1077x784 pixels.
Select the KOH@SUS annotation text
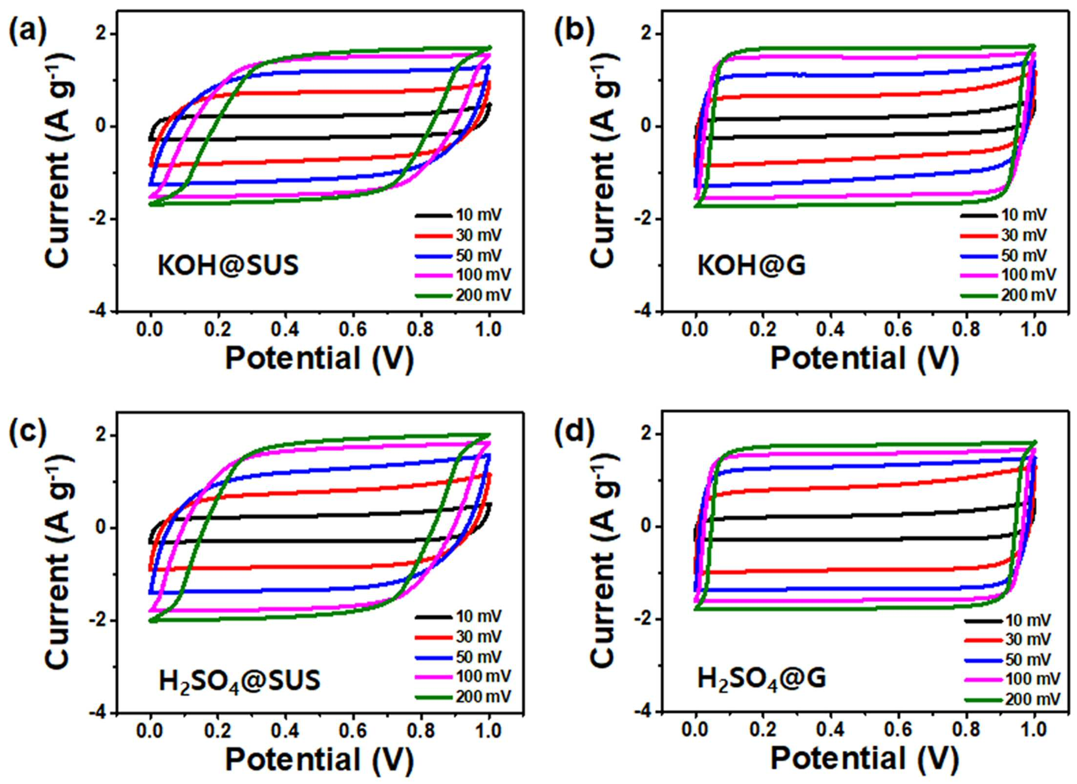[x=228, y=266]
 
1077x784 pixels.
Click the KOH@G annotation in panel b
[x=751, y=266]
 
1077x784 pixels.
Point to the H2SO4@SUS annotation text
[x=239, y=680]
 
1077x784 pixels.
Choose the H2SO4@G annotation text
[x=761, y=679]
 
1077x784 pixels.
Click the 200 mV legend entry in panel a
[x=463, y=296]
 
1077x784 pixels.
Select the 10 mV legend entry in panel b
[x=1004, y=215]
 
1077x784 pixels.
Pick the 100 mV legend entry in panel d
[x=1013, y=679]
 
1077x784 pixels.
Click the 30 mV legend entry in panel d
[x=1008, y=639]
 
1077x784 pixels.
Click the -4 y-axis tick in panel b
[x=644, y=311]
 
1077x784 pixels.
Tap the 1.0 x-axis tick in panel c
[x=488, y=731]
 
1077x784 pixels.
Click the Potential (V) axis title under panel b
[x=865, y=359]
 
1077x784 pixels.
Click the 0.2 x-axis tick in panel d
[x=763, y=731]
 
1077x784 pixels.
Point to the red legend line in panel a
[x=433, y=236]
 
